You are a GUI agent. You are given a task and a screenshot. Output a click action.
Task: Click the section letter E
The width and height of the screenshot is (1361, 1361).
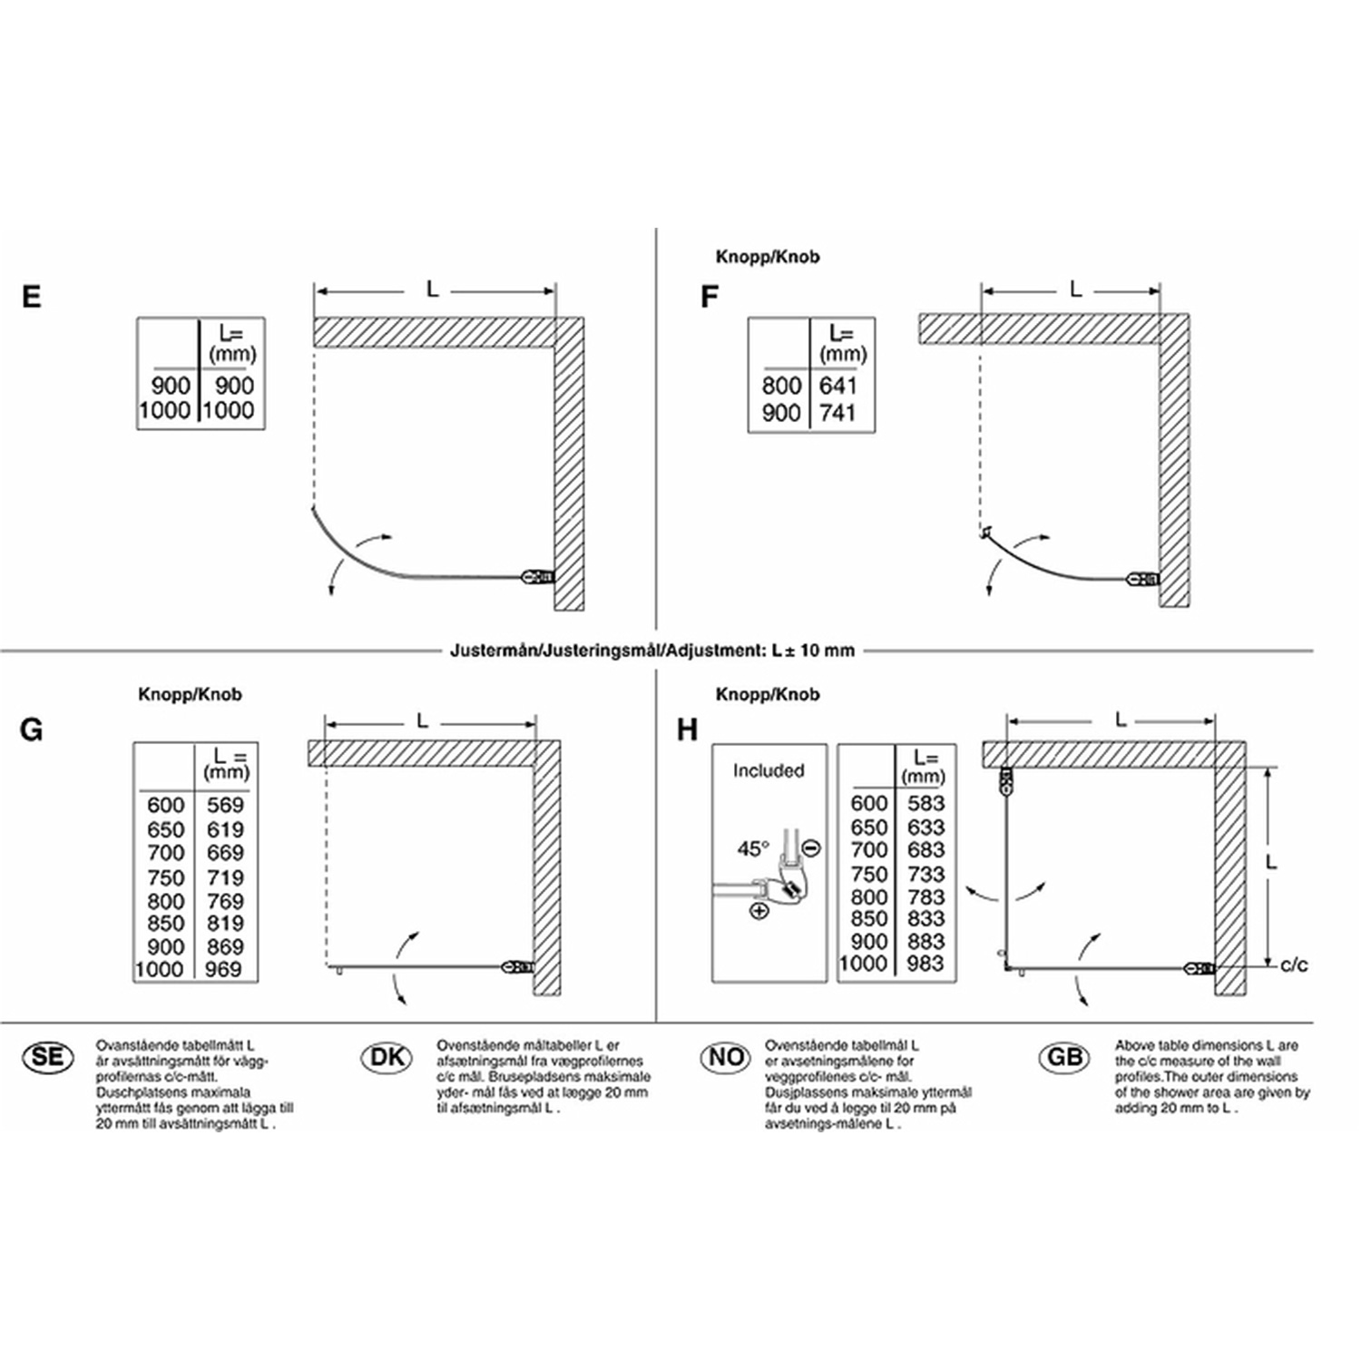coord(32,297)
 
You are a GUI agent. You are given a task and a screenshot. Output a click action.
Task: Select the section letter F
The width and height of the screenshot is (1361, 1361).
coord(710,297)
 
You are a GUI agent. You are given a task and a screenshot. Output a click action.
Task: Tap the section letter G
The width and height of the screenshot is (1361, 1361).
coord(31,729)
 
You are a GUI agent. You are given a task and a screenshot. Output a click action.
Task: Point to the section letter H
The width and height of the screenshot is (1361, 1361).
coord(687,729)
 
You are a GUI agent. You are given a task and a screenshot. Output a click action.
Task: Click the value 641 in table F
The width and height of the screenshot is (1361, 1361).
coord(837,386)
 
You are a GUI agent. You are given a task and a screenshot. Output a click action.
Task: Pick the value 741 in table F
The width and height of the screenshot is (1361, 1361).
coord(837,413)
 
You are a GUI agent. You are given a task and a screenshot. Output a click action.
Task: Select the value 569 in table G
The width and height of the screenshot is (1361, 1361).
coord(225,805)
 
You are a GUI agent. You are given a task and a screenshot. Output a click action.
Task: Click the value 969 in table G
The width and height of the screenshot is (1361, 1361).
coord(223,969)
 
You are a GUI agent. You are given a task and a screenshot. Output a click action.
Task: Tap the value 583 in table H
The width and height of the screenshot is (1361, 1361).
coord(925,803)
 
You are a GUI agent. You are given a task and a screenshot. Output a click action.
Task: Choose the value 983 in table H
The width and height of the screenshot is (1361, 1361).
coord(925,964)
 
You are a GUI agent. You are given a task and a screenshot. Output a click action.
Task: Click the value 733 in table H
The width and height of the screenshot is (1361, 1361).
coord(925,874)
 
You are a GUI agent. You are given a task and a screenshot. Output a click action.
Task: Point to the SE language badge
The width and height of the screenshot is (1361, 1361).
coord(47,1057)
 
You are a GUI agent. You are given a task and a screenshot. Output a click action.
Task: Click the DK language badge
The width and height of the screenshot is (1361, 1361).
coord(387,1058)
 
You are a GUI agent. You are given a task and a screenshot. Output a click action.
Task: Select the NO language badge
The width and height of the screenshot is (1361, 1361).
coord(727,1057)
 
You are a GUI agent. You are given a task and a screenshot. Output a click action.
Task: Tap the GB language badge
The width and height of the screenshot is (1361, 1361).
coord(1064,1057)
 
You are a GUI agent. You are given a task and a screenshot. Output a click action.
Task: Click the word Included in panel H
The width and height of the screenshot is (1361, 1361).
coord(769,770)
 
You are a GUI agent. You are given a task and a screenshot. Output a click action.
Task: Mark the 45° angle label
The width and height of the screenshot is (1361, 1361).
coord(753,849)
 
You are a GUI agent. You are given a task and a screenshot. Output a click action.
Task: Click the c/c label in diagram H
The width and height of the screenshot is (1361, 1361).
coord(1294,964)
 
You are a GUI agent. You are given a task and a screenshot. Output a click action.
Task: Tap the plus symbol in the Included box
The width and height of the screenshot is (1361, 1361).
coord(759,910)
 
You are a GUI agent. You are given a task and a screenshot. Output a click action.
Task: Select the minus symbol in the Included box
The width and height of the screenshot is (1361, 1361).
coord(812,848)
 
